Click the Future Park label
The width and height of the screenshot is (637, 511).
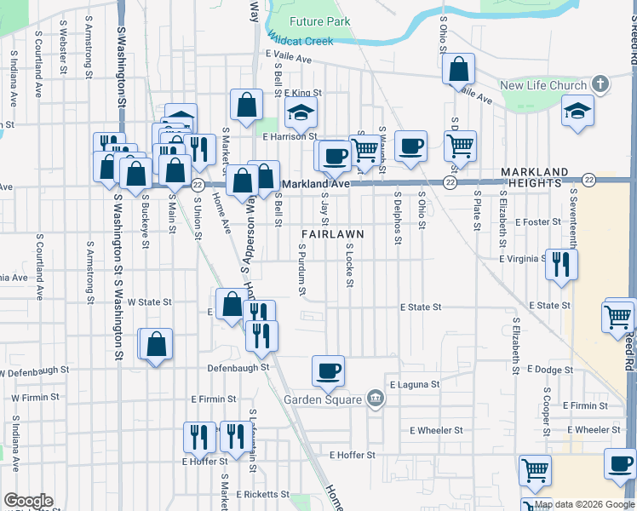click(x=319, y=20)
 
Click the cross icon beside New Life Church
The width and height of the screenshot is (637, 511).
click(x=601, y=84)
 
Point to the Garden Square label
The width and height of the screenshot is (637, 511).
click(x=325, y=399)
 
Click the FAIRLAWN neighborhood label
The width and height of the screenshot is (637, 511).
click(x=332, y=233)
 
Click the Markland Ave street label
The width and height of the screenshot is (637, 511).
click(x=316, y=183)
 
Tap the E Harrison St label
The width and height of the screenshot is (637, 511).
click(x=290, y=135)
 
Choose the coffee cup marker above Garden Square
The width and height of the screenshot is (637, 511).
click(x=328, y=370)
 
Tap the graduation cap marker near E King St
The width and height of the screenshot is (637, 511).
click(x=300, y=112)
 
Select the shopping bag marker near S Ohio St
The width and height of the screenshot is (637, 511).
click(x=459, y=69)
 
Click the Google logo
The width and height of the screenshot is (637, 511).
click(x=28, y=501)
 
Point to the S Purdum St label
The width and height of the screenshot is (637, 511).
click(x=302, y=269)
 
